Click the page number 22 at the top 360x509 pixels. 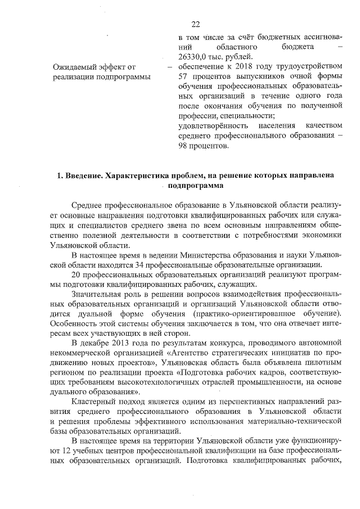click(196, 24)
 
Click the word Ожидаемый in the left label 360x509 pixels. click(82, 67)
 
